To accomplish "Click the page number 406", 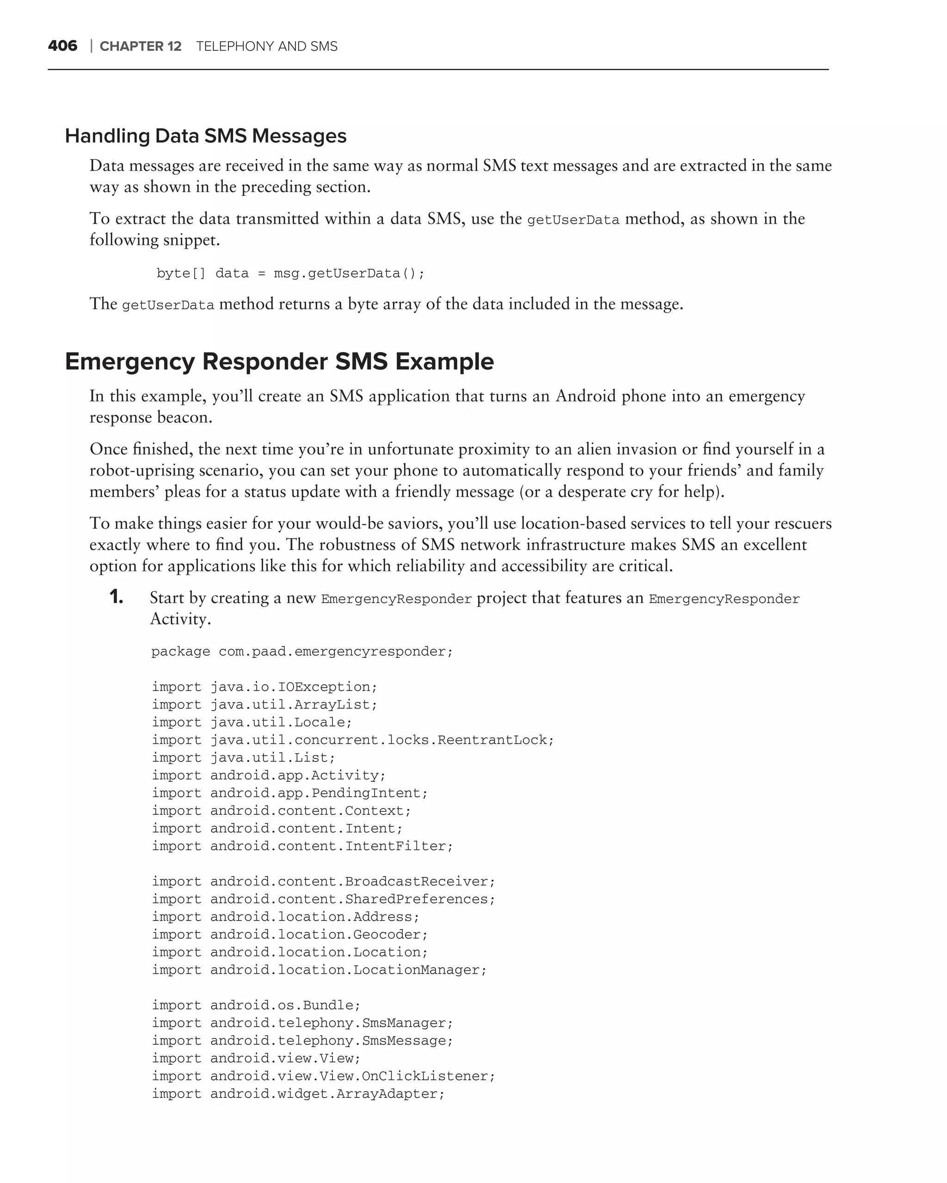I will [x=62, y=46].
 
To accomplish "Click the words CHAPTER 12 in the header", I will [x=140, y=47].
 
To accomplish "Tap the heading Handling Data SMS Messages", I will [x=205, y=136].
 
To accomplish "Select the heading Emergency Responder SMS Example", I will [x=279, y=361].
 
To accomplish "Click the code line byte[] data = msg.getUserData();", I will [x=290, y=273].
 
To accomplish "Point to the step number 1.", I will [x=116, y=597].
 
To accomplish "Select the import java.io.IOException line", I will [x=264, y=687].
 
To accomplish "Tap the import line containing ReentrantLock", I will [x=352, y=740].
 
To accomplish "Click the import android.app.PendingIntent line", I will [x=289, y=793].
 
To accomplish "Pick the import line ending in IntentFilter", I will [x=302, y=846].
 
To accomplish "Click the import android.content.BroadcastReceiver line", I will [x=323, y=882].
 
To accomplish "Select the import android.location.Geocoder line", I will [x=289, y=934].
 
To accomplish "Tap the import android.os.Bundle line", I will [x=256, y=1005].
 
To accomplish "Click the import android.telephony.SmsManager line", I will [x=302, y=1023].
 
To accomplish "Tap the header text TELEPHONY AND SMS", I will [x=267, y=47].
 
